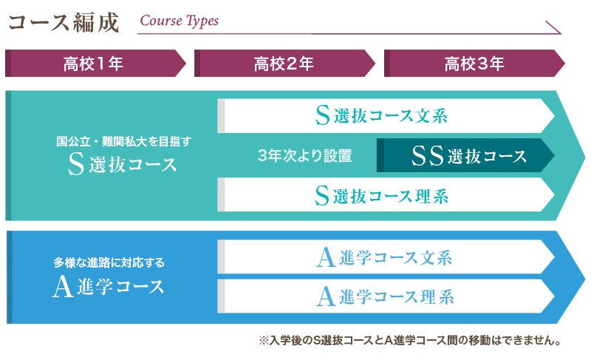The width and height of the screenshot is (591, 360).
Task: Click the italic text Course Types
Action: click(x=179, y=21)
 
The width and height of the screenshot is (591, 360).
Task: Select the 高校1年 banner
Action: click(x=93, y=64)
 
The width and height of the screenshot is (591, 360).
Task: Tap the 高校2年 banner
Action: click(x=283, y=64)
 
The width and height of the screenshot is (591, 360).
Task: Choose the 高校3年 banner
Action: click(x=474, y=64)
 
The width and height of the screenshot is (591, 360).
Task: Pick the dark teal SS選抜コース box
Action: click(x=465, y=156)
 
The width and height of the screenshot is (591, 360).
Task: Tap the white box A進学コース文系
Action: click(x=384, y=257)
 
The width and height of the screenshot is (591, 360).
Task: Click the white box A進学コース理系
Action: click(x=384, y=296)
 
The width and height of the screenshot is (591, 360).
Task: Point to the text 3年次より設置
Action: click(x=304, y=156)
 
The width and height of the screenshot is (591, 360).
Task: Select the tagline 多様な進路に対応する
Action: click(x=109, y=262)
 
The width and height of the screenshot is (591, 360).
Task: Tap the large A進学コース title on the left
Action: click(x=109, y=287)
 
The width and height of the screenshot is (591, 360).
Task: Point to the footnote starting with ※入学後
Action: click(x=411, y=341)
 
